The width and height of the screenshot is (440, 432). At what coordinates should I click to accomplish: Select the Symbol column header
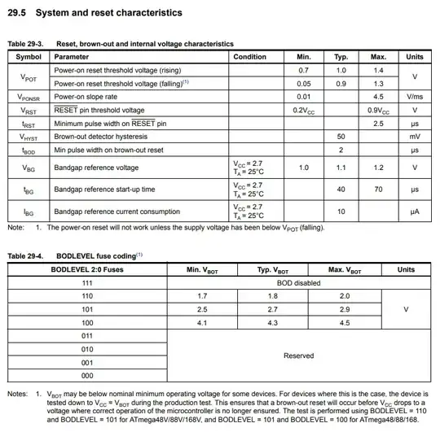coord(29,57)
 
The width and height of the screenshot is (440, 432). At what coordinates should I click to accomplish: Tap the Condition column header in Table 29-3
coord(249,57)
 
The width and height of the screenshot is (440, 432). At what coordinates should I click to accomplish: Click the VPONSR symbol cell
coord(29,97)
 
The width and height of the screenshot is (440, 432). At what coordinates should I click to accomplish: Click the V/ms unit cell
coord(415,97)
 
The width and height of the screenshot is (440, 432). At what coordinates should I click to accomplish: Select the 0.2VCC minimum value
coord(304,110)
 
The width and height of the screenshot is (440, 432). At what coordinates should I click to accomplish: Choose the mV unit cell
coord(415,137)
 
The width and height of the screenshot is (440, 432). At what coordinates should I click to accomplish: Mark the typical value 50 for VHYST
coord(341,137)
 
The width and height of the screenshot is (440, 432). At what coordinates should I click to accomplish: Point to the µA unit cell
coord(415,212)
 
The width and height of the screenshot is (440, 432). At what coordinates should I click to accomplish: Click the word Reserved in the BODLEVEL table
coord(298,356)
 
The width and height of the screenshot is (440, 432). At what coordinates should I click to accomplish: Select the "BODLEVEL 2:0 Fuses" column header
coord(87,269)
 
